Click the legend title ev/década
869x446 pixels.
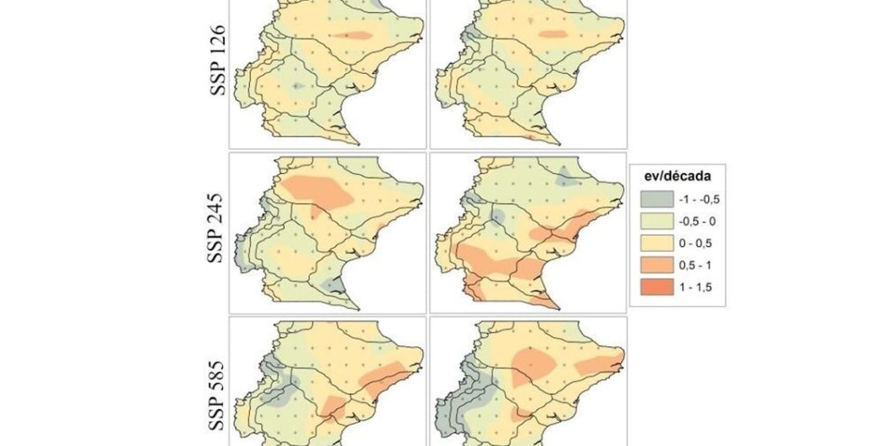tap(673, 175)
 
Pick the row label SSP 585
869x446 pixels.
tap(217, 392)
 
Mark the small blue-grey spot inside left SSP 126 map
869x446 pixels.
tap(298, 86)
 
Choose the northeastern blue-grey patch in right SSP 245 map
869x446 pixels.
tap(567, 177)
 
